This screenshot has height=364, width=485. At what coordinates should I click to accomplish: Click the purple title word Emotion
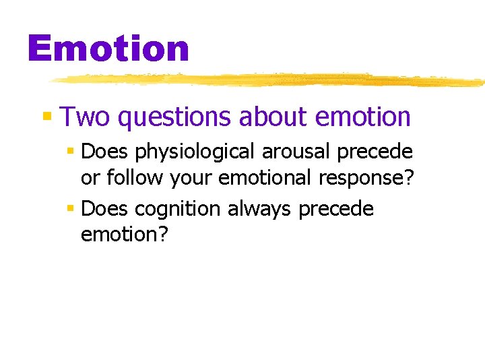(x=108, y=49)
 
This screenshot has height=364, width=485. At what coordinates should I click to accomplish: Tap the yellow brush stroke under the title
(x=269, y=80)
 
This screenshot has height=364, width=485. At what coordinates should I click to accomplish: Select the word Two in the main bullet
(x=86, y=117)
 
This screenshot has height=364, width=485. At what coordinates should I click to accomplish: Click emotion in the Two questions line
(x=362, y=117)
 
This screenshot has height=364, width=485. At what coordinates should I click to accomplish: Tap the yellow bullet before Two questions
(x=47, y=117)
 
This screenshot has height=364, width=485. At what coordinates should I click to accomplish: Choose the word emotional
(x=265, y=178)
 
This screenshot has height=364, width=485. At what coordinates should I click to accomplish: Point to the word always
(x=260, y=210)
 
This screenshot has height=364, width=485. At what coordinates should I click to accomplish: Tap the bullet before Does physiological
(x=70, y=152)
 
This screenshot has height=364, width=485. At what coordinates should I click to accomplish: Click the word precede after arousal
(x=375, y=152)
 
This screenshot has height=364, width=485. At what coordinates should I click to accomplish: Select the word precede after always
(x=335, y=210)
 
